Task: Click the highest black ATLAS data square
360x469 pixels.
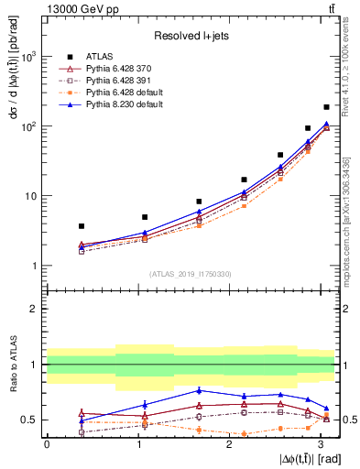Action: point(326,107)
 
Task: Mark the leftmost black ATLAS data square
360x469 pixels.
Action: point(82,225)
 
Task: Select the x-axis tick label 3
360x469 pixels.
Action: point(318,444)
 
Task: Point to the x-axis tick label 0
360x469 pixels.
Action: point(47,444)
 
